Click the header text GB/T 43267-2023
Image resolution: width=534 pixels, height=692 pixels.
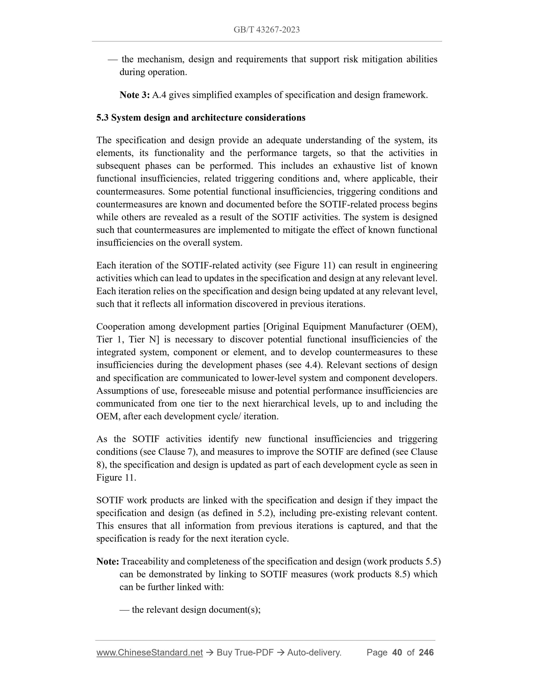point(266,30)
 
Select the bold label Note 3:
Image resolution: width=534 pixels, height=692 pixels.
point(134,95)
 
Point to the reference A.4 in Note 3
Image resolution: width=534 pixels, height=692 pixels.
point(159,95)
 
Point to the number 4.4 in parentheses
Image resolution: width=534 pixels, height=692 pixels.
point(312,365)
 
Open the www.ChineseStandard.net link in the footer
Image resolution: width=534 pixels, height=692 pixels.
point(149,652)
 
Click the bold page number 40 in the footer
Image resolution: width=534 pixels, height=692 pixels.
point(397,652)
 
